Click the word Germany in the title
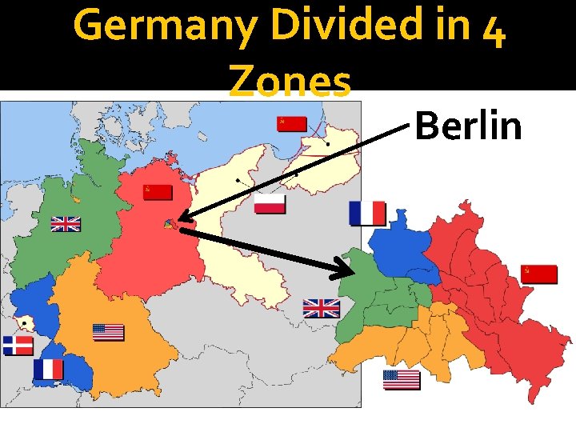[159, 26]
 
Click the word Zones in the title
[290, 81]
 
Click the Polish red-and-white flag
[270, 204]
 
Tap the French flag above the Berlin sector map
[367, 214]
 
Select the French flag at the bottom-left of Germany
[48, 369]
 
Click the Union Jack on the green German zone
[66, 224]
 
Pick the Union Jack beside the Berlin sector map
[322, 308]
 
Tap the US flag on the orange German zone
[108, 332]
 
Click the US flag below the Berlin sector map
[402, 379]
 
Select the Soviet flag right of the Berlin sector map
[538, 274]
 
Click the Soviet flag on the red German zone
[158, 192]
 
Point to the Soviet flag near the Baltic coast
[292, 123]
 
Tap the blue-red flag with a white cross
[18, 346]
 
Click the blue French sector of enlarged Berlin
[403, 251]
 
